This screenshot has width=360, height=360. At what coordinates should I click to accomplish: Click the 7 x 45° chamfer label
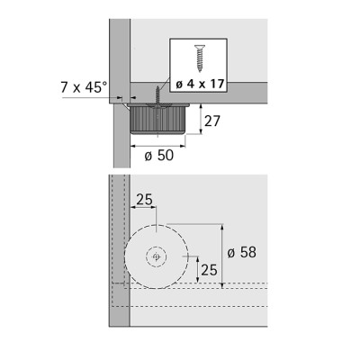84,87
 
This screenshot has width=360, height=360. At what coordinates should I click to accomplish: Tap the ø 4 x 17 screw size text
200,85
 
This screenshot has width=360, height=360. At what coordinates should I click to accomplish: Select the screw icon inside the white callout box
199,58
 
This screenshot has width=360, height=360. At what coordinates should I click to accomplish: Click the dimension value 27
212,121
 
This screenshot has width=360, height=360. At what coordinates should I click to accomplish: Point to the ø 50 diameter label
159,156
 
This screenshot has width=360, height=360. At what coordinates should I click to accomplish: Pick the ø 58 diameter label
242,253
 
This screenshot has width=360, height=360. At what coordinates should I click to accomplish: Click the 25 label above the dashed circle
144,200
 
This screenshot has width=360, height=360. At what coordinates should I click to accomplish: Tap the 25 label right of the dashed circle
209,270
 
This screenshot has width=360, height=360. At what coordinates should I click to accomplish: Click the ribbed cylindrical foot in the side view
157,120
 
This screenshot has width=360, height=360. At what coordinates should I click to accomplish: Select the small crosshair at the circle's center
157,256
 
